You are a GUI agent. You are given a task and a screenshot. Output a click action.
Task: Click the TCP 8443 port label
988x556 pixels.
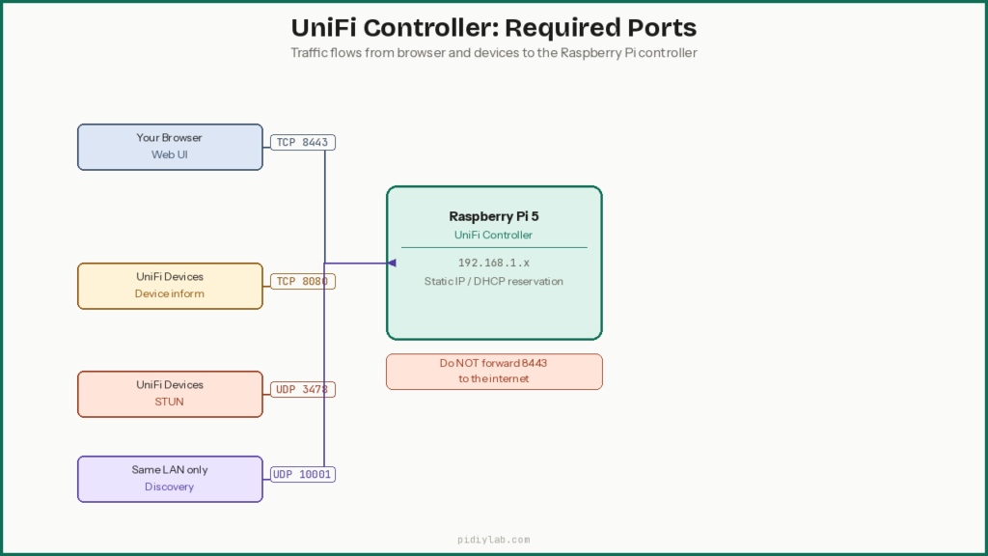pos(302,143)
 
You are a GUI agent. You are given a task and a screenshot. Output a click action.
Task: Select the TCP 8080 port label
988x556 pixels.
pos(302,282)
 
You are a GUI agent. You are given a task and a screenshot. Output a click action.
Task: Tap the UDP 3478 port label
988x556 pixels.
pos(302,390)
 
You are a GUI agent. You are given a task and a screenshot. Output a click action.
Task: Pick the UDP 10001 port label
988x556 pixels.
pos(302,475)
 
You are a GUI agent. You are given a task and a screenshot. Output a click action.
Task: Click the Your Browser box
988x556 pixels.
pos(170,147)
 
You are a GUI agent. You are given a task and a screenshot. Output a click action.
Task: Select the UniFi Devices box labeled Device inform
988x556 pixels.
pos(170,286)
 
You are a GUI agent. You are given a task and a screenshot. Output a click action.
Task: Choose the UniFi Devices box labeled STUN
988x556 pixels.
pos(170,394)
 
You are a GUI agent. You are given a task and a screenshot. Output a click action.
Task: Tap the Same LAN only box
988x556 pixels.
pos(170,479)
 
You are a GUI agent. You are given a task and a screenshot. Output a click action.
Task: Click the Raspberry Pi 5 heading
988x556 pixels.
pos(493,216)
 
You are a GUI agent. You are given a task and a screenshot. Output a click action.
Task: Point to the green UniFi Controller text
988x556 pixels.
pos(493,236)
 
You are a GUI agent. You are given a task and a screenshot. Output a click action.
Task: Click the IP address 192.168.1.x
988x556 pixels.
pos(493,263)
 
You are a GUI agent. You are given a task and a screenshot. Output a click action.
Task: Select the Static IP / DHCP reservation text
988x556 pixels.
pos(493,282)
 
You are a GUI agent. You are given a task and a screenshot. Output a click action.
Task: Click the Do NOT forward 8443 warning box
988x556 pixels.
pos(494,372)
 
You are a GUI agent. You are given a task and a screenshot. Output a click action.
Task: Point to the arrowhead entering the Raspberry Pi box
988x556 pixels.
pos(391,263)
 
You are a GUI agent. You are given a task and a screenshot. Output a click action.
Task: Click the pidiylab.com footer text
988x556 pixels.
pos(493,541)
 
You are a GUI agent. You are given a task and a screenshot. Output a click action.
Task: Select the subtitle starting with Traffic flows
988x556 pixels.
pos(493,53)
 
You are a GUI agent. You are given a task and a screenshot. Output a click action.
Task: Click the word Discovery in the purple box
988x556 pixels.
pos(170,487)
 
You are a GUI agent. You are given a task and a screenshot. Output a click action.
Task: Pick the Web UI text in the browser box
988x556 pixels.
pos(170,155)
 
